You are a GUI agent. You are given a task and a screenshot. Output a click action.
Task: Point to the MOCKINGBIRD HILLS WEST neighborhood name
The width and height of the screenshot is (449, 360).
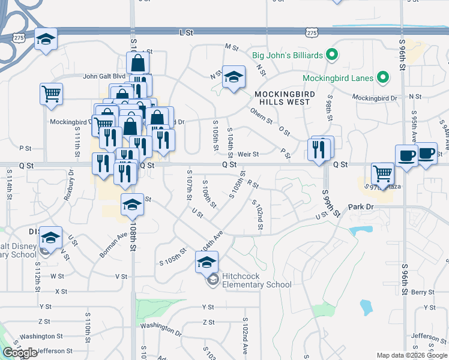click(282, 98)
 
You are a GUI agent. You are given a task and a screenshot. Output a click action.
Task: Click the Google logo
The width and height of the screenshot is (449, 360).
click(20, 353)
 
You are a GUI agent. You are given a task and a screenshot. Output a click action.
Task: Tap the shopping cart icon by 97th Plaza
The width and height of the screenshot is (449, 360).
click(382, 174)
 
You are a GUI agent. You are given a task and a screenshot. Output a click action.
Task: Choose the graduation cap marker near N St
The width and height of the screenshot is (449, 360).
click(234, 77)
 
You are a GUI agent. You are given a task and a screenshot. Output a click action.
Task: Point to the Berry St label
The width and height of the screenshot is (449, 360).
click(422, 292)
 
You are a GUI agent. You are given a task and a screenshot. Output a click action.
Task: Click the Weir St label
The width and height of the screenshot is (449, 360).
click(247, 154)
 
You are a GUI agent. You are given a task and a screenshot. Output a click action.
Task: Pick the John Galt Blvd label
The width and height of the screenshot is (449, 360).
click(104, 76)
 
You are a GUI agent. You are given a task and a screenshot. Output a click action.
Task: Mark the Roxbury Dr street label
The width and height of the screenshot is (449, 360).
click(71, 180)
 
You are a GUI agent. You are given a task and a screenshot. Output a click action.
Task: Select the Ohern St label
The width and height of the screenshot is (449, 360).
click(262, 114)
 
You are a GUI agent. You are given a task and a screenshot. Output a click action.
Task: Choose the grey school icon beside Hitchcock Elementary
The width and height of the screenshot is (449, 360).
click(212, 280)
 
